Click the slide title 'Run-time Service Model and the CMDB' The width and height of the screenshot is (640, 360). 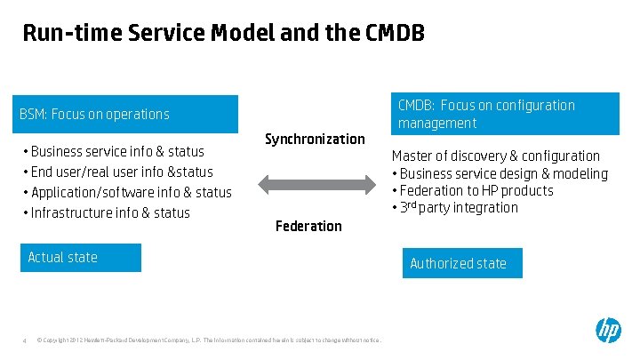coord(223,34)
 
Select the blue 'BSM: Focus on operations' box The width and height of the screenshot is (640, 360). coord(129,114)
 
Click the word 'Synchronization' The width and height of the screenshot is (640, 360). coord(315,139)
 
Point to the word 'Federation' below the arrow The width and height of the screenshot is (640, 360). coord(308,226)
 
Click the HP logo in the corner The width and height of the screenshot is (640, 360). coord(608,331)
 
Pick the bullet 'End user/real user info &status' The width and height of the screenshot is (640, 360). coord(122,172)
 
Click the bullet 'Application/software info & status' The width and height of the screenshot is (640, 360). coord(131,192)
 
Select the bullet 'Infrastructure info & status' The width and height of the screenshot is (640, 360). coord(110,212)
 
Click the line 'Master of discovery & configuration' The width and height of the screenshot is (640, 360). coord(496,156)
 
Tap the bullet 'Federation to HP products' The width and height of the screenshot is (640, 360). coord(476,190)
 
